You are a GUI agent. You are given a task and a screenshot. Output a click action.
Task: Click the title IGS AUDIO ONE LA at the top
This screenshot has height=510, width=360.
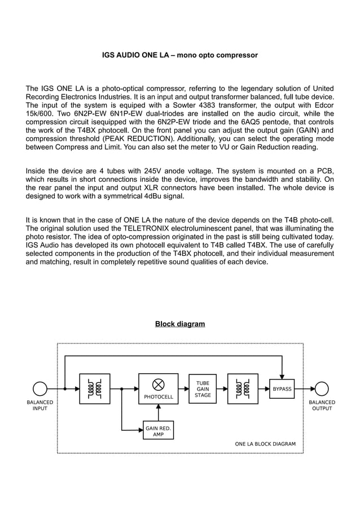tap(179, 55)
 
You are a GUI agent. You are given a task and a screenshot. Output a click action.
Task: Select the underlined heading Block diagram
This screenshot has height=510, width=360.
tap(180, 324)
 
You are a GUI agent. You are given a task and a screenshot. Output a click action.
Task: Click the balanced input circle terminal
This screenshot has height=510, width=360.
tap(39, 389)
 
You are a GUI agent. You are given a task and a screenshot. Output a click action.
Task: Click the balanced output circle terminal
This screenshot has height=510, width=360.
tap(322, 389)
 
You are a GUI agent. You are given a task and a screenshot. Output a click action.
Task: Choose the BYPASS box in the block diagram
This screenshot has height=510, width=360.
tap(282, 389)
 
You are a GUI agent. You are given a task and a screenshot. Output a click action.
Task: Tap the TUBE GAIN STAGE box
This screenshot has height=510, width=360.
tap(203, 389)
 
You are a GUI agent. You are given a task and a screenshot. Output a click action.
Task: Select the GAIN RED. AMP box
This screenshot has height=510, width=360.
tap(159, 431)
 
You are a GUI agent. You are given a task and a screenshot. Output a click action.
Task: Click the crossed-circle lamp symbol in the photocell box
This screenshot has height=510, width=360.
tap(159, 384)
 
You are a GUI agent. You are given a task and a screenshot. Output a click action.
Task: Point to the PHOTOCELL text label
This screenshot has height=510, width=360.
tap(159, 397)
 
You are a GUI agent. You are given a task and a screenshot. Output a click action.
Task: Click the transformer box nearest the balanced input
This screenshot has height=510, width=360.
tap(95, 389)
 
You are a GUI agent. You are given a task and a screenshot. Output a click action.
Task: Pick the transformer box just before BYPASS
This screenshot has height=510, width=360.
tap(243, 389)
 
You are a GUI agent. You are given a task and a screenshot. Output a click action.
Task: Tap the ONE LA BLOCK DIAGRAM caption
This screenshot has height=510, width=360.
tap(265, 444)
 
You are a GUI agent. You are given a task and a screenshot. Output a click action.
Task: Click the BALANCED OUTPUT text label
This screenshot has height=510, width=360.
tap(322, 406)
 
